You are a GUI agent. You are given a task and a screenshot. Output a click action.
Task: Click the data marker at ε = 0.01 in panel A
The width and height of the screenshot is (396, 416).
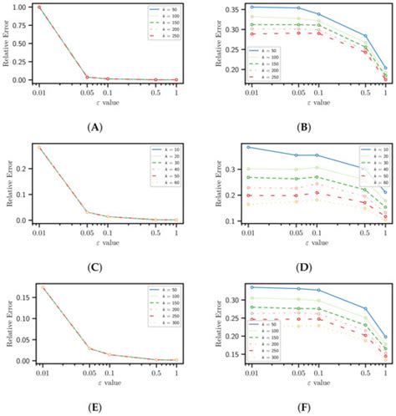39,8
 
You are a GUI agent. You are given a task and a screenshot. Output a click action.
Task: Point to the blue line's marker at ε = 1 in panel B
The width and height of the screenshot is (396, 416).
383,68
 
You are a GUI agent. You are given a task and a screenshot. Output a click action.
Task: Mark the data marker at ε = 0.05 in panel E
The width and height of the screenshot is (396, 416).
90,348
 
